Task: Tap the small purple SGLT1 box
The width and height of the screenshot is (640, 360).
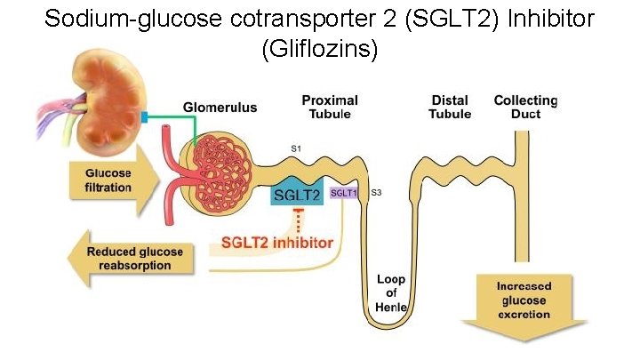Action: click(342, 192)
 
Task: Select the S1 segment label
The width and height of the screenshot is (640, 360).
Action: click(296, 148)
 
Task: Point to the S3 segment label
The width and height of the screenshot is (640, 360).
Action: click(376, 193)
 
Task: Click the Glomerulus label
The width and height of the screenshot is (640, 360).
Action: click(220, 108)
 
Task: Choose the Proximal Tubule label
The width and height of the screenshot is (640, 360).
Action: click(330, 107)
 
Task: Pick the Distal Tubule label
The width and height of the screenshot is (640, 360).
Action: click(450, 107)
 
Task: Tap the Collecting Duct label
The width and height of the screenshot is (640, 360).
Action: click(525, 107)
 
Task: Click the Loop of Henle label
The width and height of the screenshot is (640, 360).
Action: click(391, 292)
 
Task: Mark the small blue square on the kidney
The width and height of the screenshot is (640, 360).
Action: click(143, 116)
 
